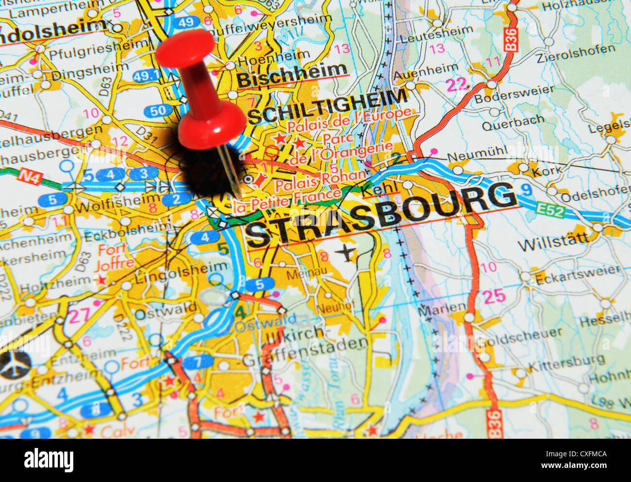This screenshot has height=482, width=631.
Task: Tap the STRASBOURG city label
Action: pyautogui.click(x=381, y=214)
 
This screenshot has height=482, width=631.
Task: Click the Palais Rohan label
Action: pyautogui.click(x=320, y=180)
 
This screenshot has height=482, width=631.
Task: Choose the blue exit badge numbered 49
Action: pyautogui.click(x=185, y=22)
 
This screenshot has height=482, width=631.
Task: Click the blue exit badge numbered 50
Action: pyautogui.click(x=158, y=111)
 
